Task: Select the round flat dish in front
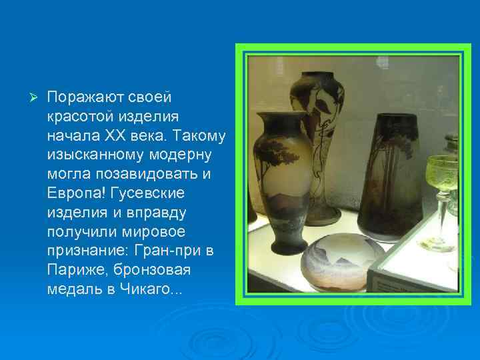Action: (343, 257)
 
